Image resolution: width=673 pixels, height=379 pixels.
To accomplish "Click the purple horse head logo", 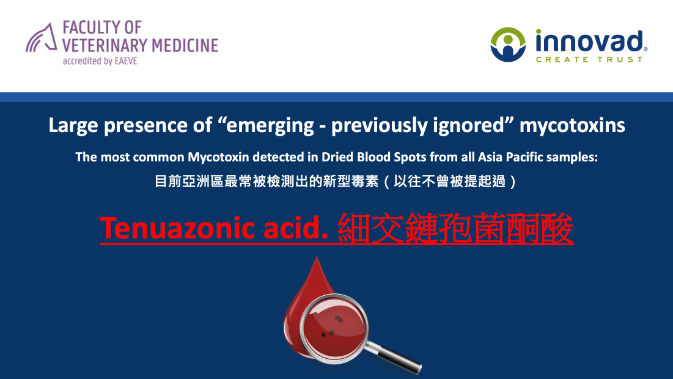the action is (x=42, y=38).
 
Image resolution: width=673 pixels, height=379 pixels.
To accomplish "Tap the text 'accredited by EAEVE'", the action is (x=100, y=61).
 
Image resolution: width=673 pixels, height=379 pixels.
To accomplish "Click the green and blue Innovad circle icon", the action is (x=508, y=45).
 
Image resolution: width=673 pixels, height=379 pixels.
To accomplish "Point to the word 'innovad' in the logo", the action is (x=590, y=41).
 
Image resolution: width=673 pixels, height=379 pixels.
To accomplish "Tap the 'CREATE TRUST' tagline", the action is (x=589, y=59).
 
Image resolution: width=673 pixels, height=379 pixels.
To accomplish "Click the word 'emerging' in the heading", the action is (x=270, y=126).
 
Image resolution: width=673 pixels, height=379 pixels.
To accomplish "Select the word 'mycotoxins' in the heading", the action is (x=572, y=126).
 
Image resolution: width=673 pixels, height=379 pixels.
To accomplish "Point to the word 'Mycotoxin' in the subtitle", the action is (x=218, y=157).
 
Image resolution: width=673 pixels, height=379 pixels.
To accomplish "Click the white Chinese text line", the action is (x=335, y=181).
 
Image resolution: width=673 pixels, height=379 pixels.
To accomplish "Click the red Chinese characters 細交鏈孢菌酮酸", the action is (x=455, y=229).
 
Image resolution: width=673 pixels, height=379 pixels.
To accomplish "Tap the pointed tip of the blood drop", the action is (x=317, y=257).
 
